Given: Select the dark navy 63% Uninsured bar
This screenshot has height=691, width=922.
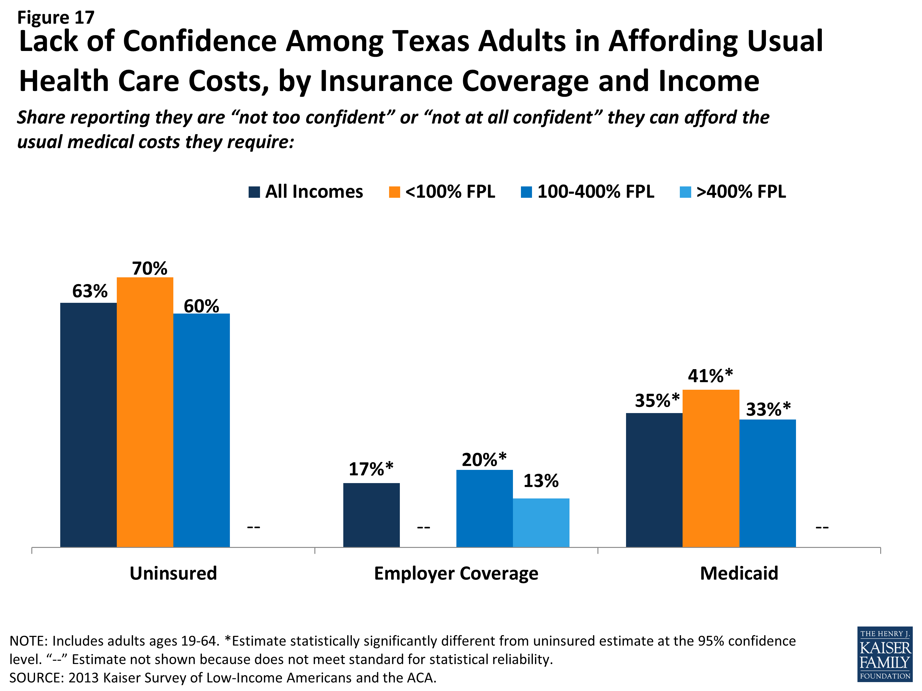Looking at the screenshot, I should pyautogui.click(x=89, y=424).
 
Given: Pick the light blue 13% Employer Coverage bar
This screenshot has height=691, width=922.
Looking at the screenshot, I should pyautogui.click(x=541, y=522).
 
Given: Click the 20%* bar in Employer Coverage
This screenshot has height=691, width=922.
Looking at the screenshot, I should pyautogui.click(x=484, y=508).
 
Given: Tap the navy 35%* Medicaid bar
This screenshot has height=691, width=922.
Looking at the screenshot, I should pyautogui.click(x=654, y=479).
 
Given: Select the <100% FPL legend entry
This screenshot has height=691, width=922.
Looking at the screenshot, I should pyautogui.click(x=442, y=192).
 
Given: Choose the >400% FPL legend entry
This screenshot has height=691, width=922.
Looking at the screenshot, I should pyautogui.click(x=732, y=192).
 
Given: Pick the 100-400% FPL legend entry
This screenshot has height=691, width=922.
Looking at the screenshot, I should pyautogui.click(x=587, y=192).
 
